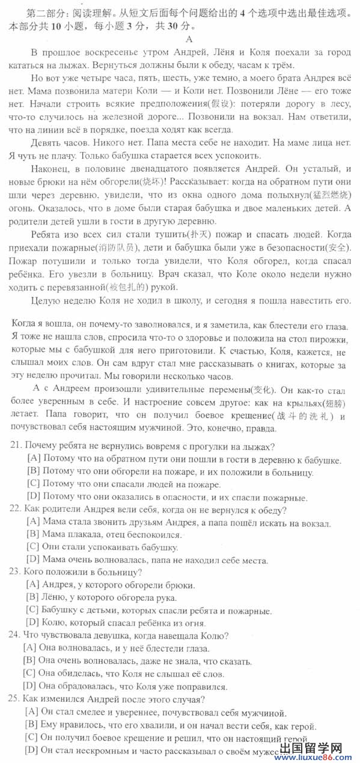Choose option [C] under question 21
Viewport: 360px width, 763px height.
(33, 484)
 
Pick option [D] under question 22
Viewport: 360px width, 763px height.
(33, 560)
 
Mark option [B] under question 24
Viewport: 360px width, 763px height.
(29, 660)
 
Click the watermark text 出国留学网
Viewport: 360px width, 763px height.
(318, 747)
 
